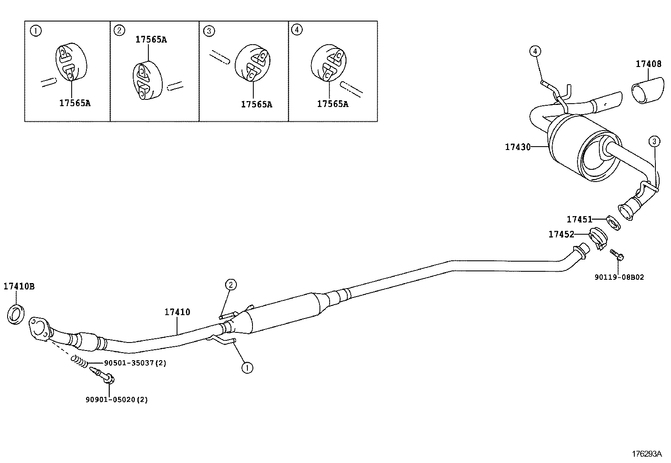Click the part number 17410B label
[19, 286]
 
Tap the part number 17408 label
[648, 64]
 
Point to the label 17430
[518, 147]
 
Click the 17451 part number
[579, 219]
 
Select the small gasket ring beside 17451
[613, 222]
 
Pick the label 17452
[561, 234]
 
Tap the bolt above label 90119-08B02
[617, 254]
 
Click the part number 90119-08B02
[619, 277]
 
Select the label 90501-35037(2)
[135, 363]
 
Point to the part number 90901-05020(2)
[116, 399]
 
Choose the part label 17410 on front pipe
[177, 312]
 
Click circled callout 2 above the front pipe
[231, 285]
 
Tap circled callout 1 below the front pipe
[247, 368]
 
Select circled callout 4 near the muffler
[535, 51]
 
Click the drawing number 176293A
[646, 454]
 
